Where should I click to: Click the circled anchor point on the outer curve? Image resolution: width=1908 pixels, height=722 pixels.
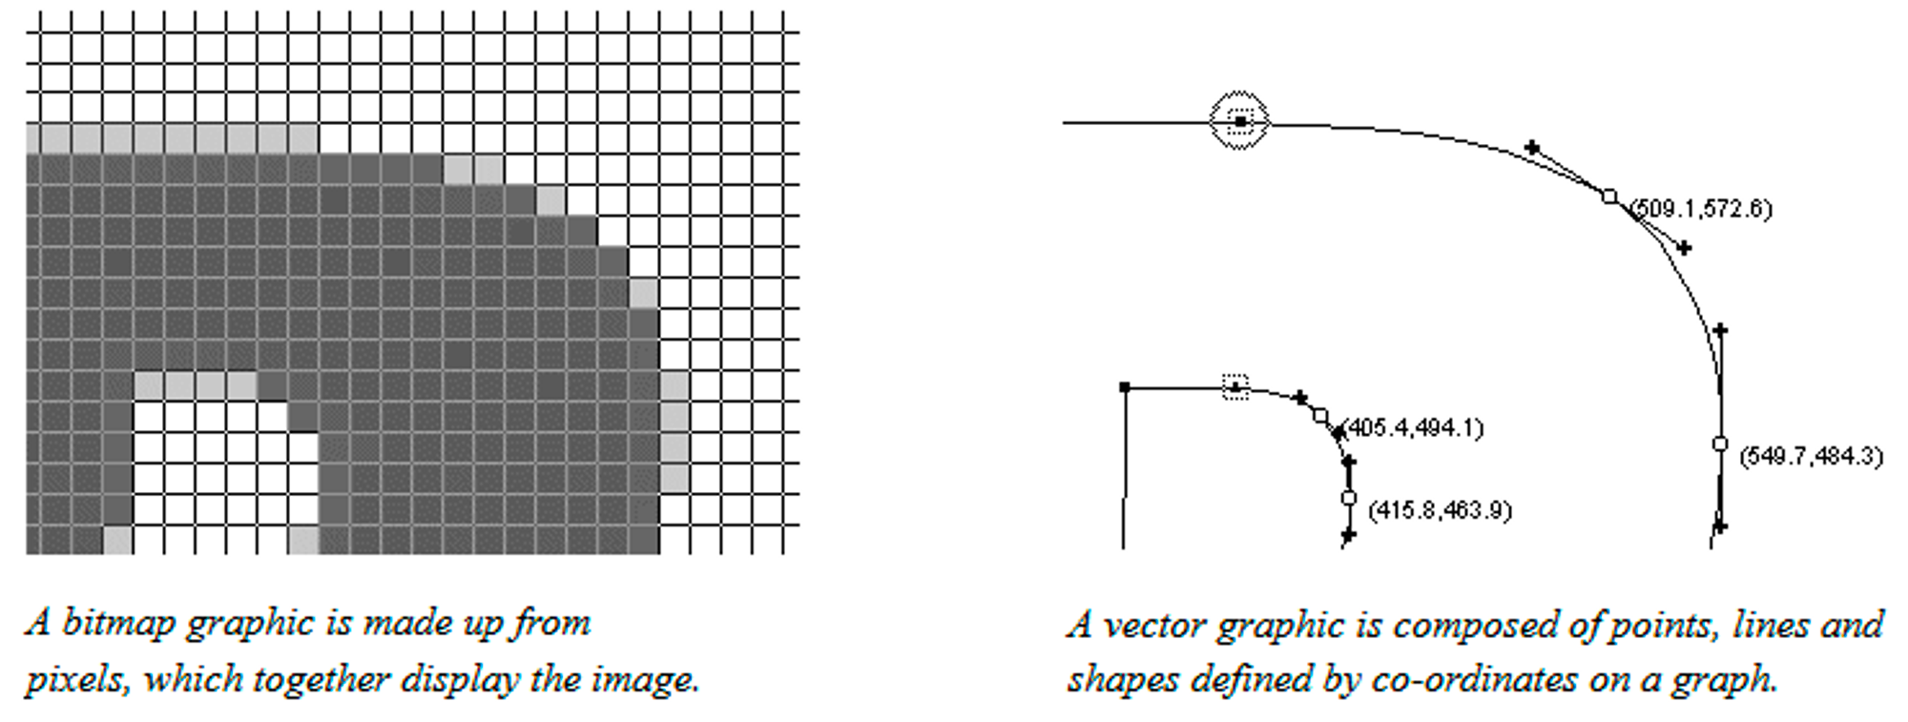coord(1239,121)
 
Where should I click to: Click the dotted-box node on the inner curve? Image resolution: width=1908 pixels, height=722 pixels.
coord(1235,387)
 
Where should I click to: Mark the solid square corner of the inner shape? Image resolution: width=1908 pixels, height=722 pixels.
coord(1125,387)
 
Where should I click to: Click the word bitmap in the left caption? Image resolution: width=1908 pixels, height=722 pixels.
coord(118,623)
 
